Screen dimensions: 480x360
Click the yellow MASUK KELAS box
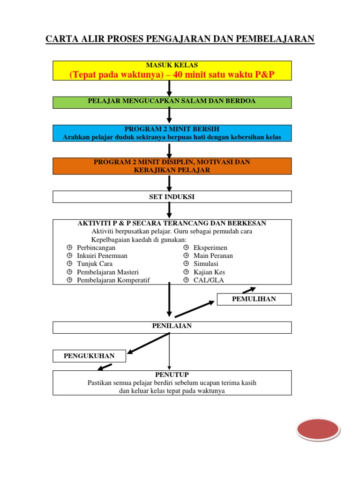(172, 70)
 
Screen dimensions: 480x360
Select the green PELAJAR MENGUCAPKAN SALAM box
(172, 102)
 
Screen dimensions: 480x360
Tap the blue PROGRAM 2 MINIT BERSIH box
(172, 133)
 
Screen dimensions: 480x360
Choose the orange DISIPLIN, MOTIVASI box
(172, 166)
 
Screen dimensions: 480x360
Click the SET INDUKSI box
(172, 197)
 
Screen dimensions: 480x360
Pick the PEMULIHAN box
(254, 299)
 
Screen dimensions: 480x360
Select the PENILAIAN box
(172, 327)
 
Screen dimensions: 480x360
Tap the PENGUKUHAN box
(90, 356)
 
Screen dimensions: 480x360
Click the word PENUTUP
(172, 375)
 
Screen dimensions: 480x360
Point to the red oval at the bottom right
(318, 430)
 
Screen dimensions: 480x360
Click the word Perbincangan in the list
(96, 247)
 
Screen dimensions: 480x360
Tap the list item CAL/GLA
(209, 280)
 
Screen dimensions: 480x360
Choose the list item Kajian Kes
(209, 272)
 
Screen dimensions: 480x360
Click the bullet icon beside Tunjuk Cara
(69, 264)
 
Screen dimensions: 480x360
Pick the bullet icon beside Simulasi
(186, 264)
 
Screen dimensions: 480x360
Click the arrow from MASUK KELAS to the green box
(169, 88)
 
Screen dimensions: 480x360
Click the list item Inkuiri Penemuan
(102, 256)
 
